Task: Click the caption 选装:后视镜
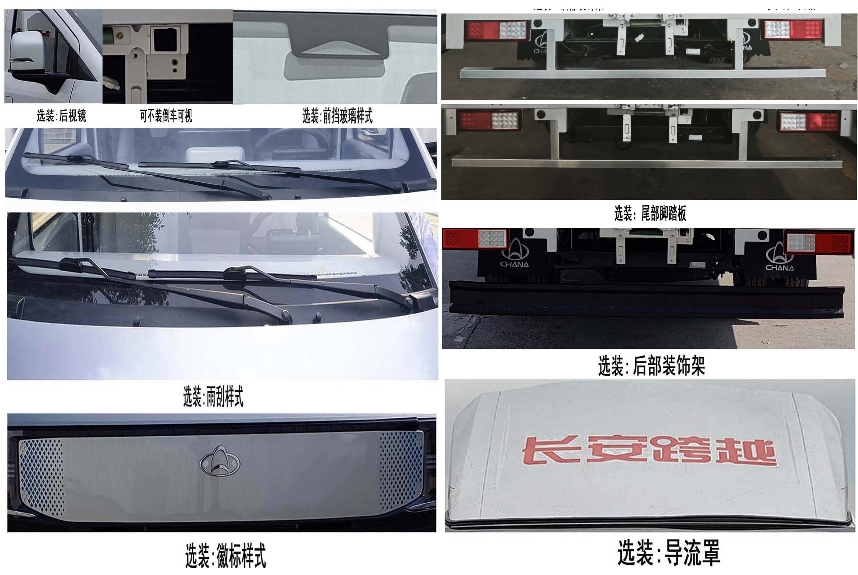pos(61,116)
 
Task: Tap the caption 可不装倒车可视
pos(166,116)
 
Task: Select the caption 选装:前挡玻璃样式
pos(337,116)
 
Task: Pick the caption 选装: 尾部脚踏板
pos(650,213)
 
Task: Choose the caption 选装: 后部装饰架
pos(651,366)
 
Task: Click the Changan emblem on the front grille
pos(219,461)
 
